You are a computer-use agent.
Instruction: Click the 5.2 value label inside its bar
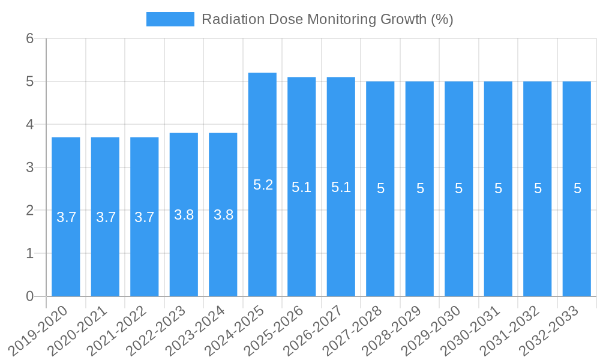click(x=263, y=185)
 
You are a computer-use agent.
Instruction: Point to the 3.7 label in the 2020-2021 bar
click(x=106, y=217)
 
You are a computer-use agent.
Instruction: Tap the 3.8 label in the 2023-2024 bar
click(x=223, y=215)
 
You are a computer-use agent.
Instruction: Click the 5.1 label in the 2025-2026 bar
click(x=301, y=187)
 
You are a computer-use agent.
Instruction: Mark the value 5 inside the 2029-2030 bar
click(x=458, y=188)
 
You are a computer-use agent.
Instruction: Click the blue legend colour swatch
click(x=170, y=19)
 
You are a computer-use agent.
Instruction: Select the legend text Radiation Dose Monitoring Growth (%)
click(x=327, y=19)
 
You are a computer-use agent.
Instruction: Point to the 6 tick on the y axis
click(x=29, y=38)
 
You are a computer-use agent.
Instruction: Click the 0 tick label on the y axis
click(x=29, y=296)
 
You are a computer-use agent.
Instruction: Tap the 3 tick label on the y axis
click(x=29, y=167)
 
